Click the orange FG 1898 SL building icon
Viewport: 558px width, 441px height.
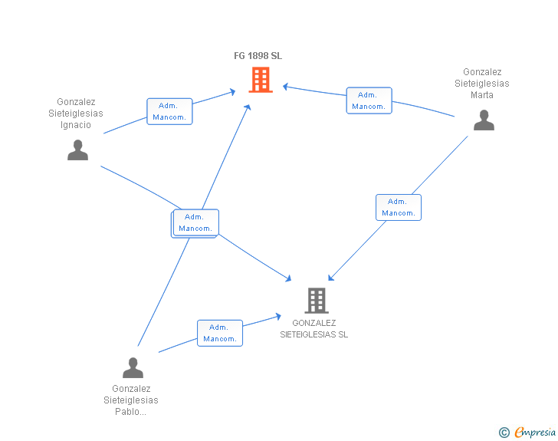tap(261, 80)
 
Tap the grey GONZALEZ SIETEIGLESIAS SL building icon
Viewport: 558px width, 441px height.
tap(317, 300)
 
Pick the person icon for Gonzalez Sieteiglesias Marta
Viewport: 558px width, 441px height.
tap(484, 120)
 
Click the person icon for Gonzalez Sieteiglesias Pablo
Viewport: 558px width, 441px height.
tap(133, 368)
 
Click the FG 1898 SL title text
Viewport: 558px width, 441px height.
tap(258, 56)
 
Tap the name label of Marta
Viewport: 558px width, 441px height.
tap(481, 84)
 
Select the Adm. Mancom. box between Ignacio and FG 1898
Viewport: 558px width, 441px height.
tap(169, 111)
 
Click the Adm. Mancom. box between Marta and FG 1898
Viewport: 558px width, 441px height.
tap(369, 100)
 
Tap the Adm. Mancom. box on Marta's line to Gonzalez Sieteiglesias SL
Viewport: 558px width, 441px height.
tap(398, 207)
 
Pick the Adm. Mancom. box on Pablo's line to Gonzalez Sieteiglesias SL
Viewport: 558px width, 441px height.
tap(220, 333)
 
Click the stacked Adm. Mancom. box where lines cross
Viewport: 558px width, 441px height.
tap(195, 222)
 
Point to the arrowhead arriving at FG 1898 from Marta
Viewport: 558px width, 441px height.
tap(284, 86)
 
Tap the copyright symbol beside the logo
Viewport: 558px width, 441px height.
tap(504, 433)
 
